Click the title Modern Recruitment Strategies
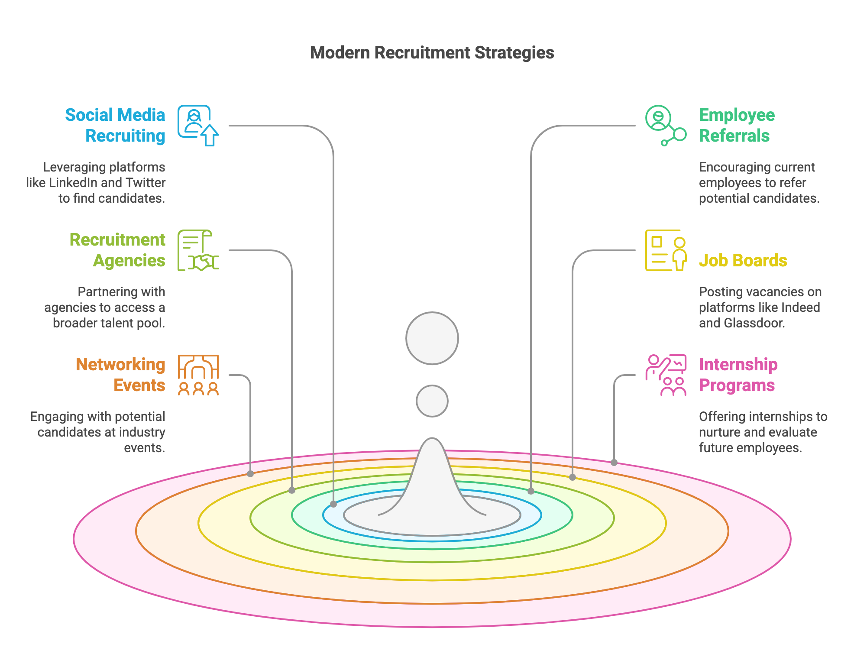[432, 53]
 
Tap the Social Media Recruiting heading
[116, 125]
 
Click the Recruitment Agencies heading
[118, 250]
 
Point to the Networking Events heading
[121, 375]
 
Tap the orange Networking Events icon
[198, 375]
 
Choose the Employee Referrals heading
[737, 125]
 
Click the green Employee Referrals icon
[665, 125]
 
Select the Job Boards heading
[743, 260]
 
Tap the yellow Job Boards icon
[666, 250]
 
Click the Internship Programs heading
[738, 375]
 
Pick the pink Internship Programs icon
[666, 375]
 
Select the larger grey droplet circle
[432, 338]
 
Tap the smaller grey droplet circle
[432, 401]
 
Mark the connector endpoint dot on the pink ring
[614, 463]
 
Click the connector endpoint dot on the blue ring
[333, 504]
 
